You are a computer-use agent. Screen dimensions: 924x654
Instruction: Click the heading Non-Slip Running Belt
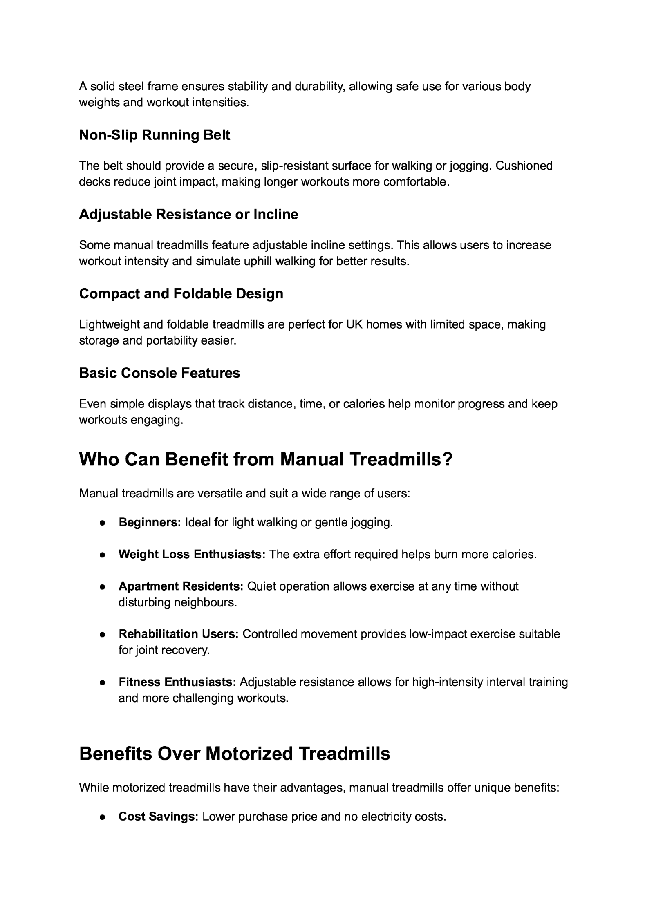pos(155,135)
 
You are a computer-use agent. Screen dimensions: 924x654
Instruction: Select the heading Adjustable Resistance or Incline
pos(188,214)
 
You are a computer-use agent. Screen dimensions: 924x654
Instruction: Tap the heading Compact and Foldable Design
pos(181,293)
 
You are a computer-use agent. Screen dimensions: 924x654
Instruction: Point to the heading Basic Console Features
pos(159,373)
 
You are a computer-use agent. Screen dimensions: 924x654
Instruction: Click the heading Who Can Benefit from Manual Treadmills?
pos(266,459)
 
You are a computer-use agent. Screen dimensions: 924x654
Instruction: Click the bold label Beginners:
pos(150,522)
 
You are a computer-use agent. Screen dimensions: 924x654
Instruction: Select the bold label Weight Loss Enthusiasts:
pos(192,554)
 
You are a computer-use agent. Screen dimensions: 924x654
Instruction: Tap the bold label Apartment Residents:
pos(181,586)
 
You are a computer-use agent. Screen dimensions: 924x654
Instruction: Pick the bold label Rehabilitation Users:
pos(179,634)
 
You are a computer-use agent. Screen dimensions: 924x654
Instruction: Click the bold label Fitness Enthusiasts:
pos(177,682)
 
